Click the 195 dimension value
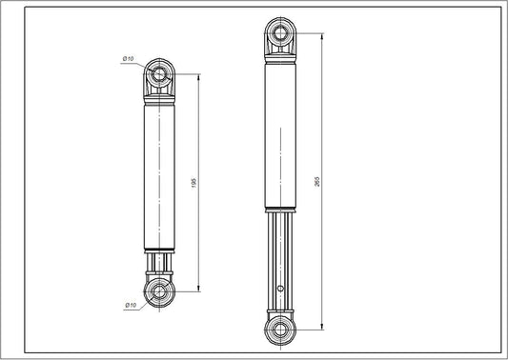click(x=194, y=181)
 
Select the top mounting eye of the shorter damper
click(x=158, y=74)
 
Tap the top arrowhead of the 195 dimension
click(x=198, y=78)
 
